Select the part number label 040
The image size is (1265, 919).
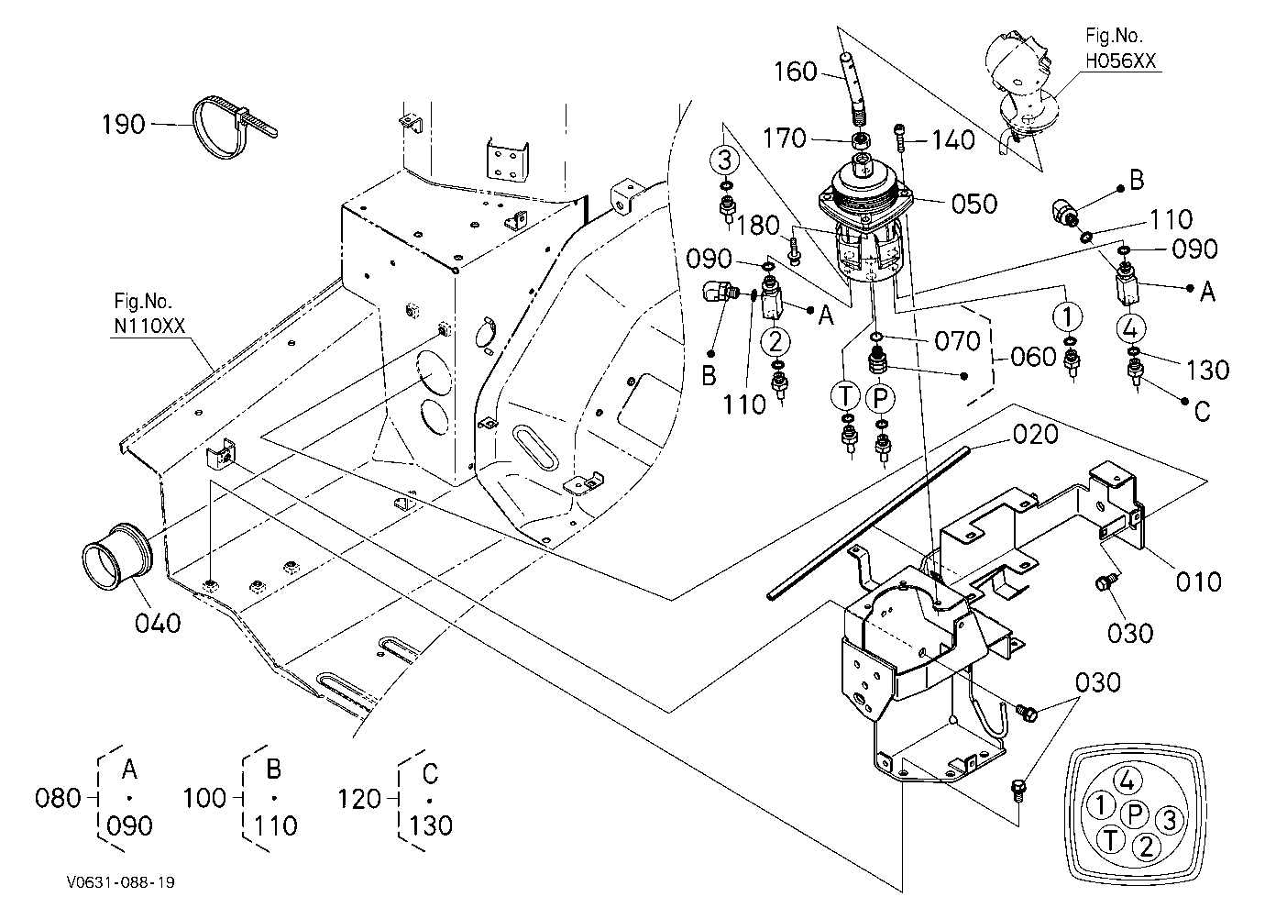158,624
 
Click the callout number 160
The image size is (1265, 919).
795,72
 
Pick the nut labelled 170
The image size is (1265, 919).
862,138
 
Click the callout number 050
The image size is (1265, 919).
974,204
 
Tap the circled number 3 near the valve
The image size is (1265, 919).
724,160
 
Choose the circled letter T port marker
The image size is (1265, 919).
845,396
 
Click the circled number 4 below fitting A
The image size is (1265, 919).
1130,328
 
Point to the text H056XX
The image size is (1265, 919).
1120,61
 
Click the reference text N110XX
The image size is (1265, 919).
149,327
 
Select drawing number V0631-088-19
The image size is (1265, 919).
121,882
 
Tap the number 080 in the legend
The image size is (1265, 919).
58,798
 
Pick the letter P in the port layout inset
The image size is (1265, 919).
1136,814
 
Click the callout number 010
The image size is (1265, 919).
1198,581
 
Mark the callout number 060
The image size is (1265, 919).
1033,357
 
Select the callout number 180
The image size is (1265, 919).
758,226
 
